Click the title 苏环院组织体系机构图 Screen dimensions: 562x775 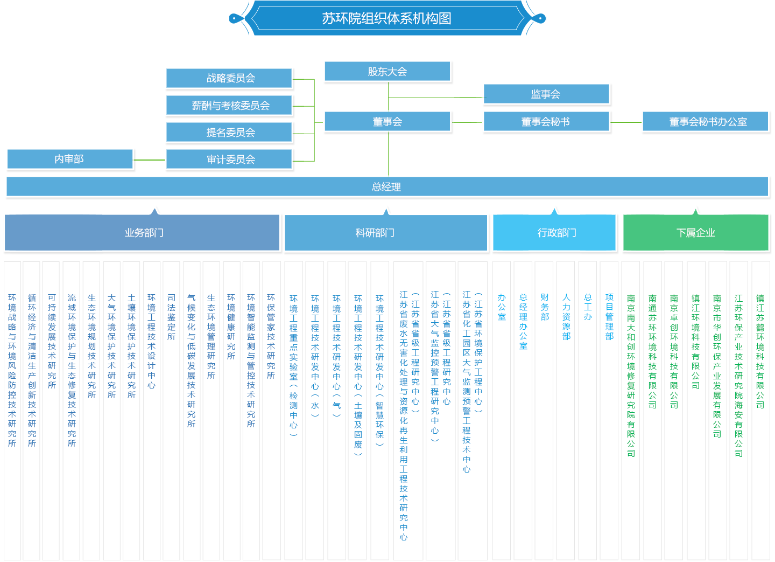point(386,18)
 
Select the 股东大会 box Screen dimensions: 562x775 point(387,72)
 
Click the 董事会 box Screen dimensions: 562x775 point(387,122)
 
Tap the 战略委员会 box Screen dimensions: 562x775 point(230,78)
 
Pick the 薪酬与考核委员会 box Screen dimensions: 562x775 point(230,106)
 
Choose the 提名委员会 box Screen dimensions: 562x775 point(230,133)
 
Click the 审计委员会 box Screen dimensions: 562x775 point(230,159)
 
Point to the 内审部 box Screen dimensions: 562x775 point(69,159)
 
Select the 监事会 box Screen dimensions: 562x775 point(546,94)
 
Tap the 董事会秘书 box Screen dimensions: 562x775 point(546,122)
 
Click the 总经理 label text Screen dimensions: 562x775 point(386,187)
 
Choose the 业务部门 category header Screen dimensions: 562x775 point(144,233)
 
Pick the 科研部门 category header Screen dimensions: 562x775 point(375,233)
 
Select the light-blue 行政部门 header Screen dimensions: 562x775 point(556,233)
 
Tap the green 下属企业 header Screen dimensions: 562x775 point(695,233)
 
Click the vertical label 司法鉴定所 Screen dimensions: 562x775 point(171,317)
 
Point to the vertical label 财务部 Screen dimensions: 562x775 point(545,307)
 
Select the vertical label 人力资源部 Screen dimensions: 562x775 point(566,317)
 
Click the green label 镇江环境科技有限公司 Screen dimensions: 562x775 point(695,342)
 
